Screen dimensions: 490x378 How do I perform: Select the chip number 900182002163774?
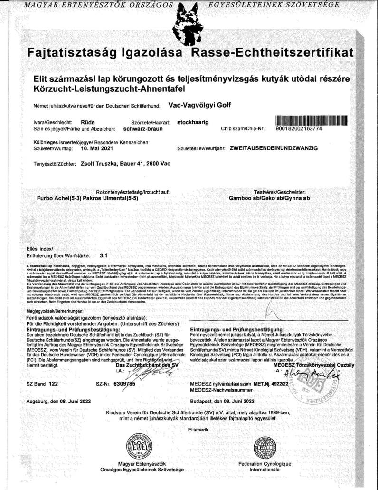coord(309,129)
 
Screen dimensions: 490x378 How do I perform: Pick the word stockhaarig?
coord(193,122)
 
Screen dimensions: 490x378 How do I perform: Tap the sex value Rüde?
coord(87,122)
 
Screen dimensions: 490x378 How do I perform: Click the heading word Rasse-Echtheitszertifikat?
coord(272,53)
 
